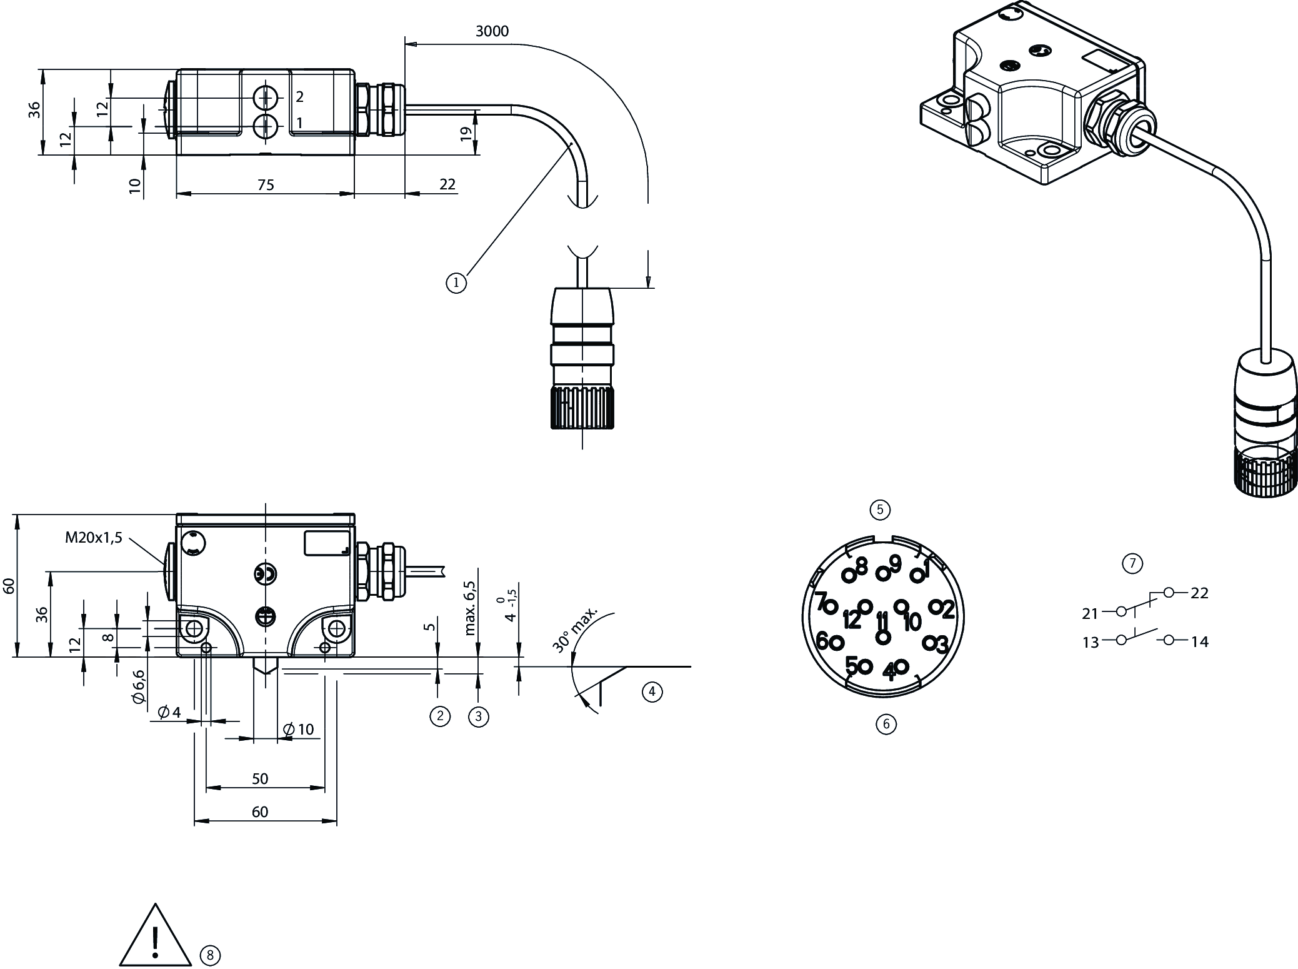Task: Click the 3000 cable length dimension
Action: click(x=492, y=31)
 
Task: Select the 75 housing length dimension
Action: click(x=266, y=184)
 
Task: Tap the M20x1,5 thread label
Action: click(x=94, y=538)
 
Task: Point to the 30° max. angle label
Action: click(x=576, y=629)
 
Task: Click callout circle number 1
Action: click(x=456, y=283)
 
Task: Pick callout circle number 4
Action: click(x=652, y=691)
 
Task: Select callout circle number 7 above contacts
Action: click(x=1132, y=564)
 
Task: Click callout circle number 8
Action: click(x=210, y=955)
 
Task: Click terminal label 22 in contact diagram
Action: click(x=1199, y=593)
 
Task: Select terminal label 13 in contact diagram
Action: click(x=1091, y=643)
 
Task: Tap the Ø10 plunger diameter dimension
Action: click(x=299, y=729)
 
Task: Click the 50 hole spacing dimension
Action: click(x=260, y=778)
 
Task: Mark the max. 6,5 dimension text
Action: click(x=470, y=608)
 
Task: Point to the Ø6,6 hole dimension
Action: click(x=139, y=687)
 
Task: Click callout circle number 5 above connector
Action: click(x=880, y=510)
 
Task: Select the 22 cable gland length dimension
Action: click(x=447, y=184)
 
